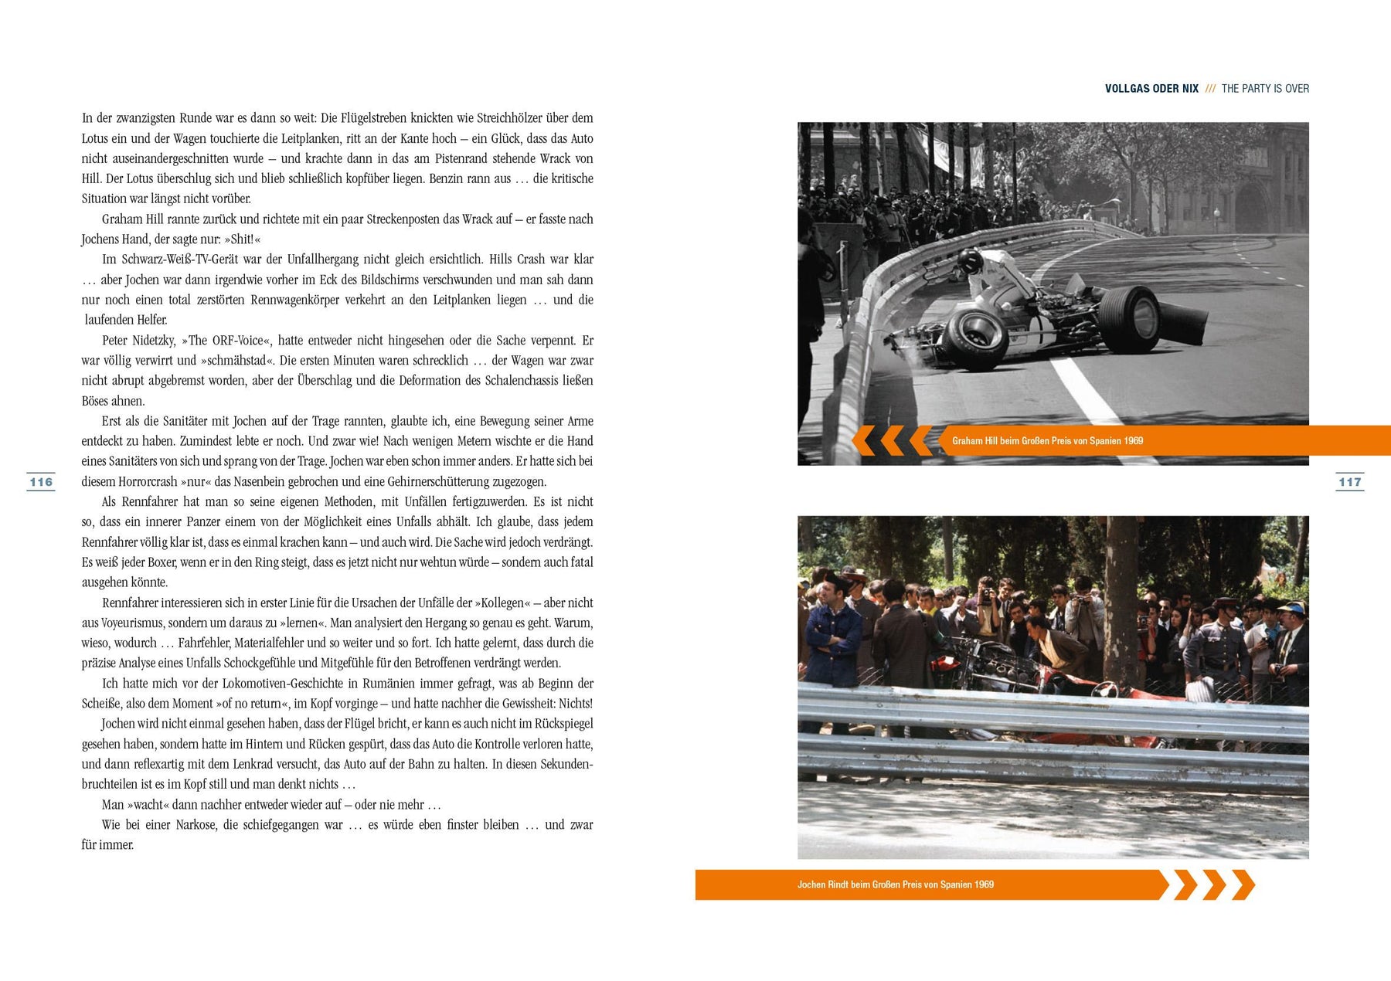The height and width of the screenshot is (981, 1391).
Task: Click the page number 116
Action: (x=41, y=482)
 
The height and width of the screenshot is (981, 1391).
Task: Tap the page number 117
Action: (x=1349, y=482)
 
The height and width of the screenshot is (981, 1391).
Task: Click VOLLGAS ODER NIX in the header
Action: (x=1151, y=89)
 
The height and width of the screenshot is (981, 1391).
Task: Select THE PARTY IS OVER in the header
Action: (x=1265, y=89)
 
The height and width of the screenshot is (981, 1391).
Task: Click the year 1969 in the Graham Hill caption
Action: (x=1133, y=441)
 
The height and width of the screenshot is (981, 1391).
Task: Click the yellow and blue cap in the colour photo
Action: (x=1291, y=609)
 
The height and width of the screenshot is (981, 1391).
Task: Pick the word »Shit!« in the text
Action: (x=242, y=239)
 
